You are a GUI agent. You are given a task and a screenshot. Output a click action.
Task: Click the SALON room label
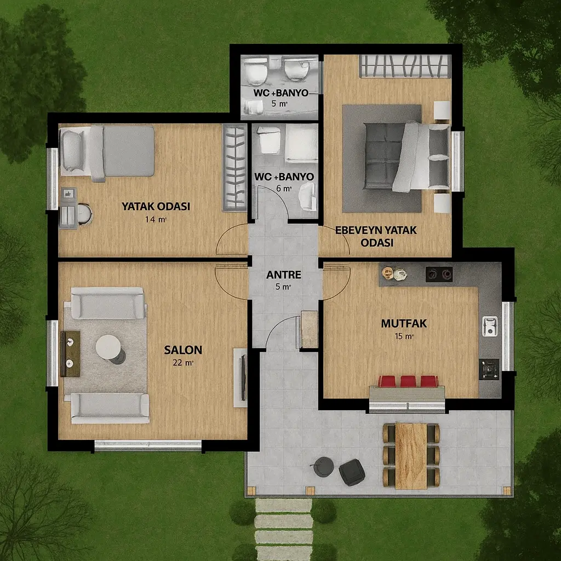183,350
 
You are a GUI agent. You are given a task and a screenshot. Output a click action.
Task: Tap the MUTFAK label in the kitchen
404,323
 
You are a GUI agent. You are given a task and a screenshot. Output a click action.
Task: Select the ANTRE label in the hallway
284,275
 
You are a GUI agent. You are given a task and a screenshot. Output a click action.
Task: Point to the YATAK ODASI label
156,207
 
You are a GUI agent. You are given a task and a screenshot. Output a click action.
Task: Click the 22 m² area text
183,363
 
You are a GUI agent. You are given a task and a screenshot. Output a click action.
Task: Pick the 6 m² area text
284,188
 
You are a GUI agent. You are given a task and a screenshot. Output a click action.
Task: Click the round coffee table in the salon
108,347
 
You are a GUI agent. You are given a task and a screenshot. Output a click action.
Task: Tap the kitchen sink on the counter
490,326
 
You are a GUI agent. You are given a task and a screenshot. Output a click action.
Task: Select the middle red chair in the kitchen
408,381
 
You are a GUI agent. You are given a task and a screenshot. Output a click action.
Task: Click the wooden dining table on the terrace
411,456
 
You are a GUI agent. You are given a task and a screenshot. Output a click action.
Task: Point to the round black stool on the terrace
324,467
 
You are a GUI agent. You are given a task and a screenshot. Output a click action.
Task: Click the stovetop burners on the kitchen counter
439,274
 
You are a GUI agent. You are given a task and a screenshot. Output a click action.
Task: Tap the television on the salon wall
243,377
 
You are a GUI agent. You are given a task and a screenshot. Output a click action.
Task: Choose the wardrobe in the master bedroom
405,66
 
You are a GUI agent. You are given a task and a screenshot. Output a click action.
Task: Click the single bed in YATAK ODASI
107,152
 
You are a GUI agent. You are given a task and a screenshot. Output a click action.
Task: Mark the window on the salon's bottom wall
148,445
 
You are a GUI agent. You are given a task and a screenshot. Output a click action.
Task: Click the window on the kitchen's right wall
507,336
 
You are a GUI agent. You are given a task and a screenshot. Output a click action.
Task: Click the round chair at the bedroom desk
84,214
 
